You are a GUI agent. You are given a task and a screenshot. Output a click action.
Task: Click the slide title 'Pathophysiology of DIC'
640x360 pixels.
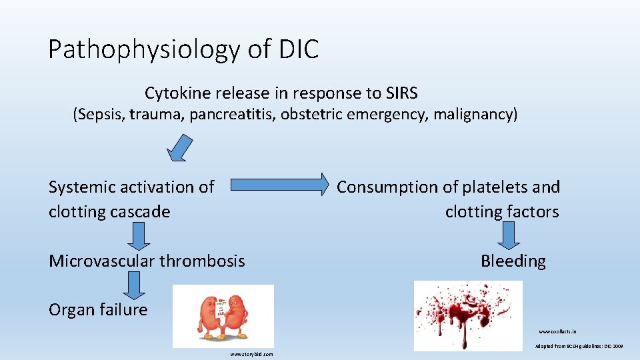point(183,49)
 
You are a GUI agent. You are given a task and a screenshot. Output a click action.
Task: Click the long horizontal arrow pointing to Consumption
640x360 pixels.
point(279,185)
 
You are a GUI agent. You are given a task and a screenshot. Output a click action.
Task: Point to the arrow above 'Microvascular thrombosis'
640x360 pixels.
point(138,235)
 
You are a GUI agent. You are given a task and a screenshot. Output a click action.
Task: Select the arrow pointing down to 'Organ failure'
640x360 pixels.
point(134,285)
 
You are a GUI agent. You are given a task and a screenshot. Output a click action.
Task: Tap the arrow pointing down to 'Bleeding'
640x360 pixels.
point(510,235)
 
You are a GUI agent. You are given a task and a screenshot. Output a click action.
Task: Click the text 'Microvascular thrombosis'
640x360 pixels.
point(147,261)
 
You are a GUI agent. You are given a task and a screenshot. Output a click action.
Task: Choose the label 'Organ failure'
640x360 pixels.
point(98,309)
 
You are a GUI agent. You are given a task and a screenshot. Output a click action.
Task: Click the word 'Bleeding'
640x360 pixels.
point(513,261)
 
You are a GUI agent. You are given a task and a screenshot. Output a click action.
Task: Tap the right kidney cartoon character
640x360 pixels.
point(238,317)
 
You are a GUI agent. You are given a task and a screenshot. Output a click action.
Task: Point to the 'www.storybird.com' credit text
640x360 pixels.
point(251,354)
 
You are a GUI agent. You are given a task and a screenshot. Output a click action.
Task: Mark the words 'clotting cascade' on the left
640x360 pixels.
point(109,212)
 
